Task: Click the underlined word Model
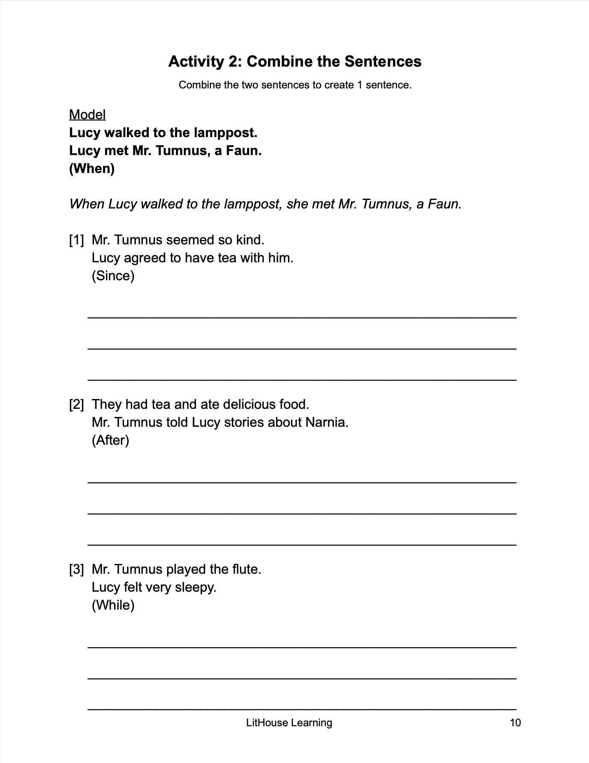coord(87,114)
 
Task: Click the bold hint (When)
coord(92,168)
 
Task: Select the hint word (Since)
coord(113,276)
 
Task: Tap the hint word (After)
coord(110,440)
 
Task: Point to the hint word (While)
coord(113,605)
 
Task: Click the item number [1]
coord(77,240)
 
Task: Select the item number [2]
coord(77,404)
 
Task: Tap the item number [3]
coord(77,569)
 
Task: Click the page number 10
coord(515,722)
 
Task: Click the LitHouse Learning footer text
coord(289,722)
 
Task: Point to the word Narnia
coord(327,422)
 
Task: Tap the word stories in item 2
coord(244,422)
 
